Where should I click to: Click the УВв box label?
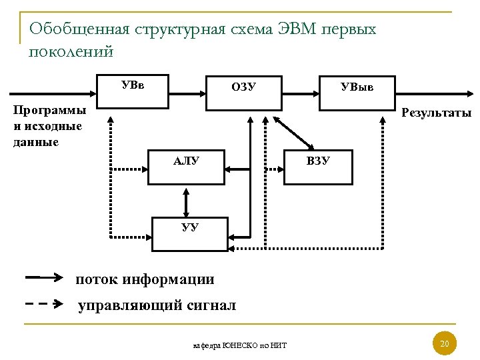point(133,85)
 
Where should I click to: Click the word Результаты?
point(436,113)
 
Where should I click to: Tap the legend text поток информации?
point(145,279)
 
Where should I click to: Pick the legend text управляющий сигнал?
point(157,305)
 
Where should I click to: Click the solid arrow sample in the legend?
point(44,276)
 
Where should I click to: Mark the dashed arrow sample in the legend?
point(44,303)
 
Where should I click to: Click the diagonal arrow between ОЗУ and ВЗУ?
point(294,133)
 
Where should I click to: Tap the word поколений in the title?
point(71,51)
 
